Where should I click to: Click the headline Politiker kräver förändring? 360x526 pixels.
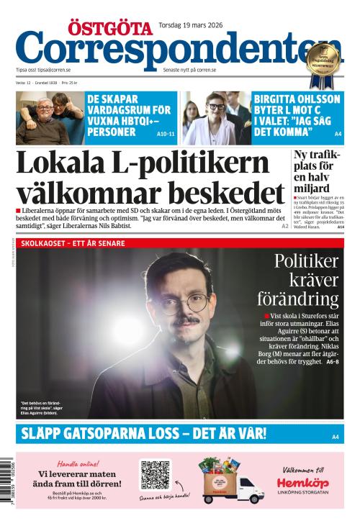305,281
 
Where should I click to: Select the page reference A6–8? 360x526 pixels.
332,361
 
